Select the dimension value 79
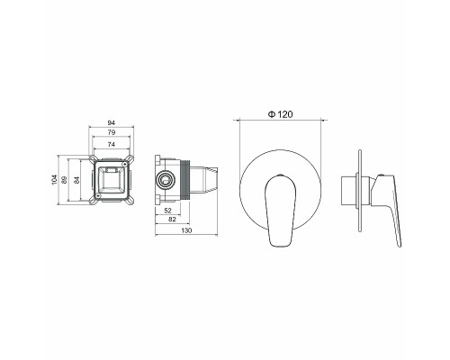(x=111, y=133)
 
